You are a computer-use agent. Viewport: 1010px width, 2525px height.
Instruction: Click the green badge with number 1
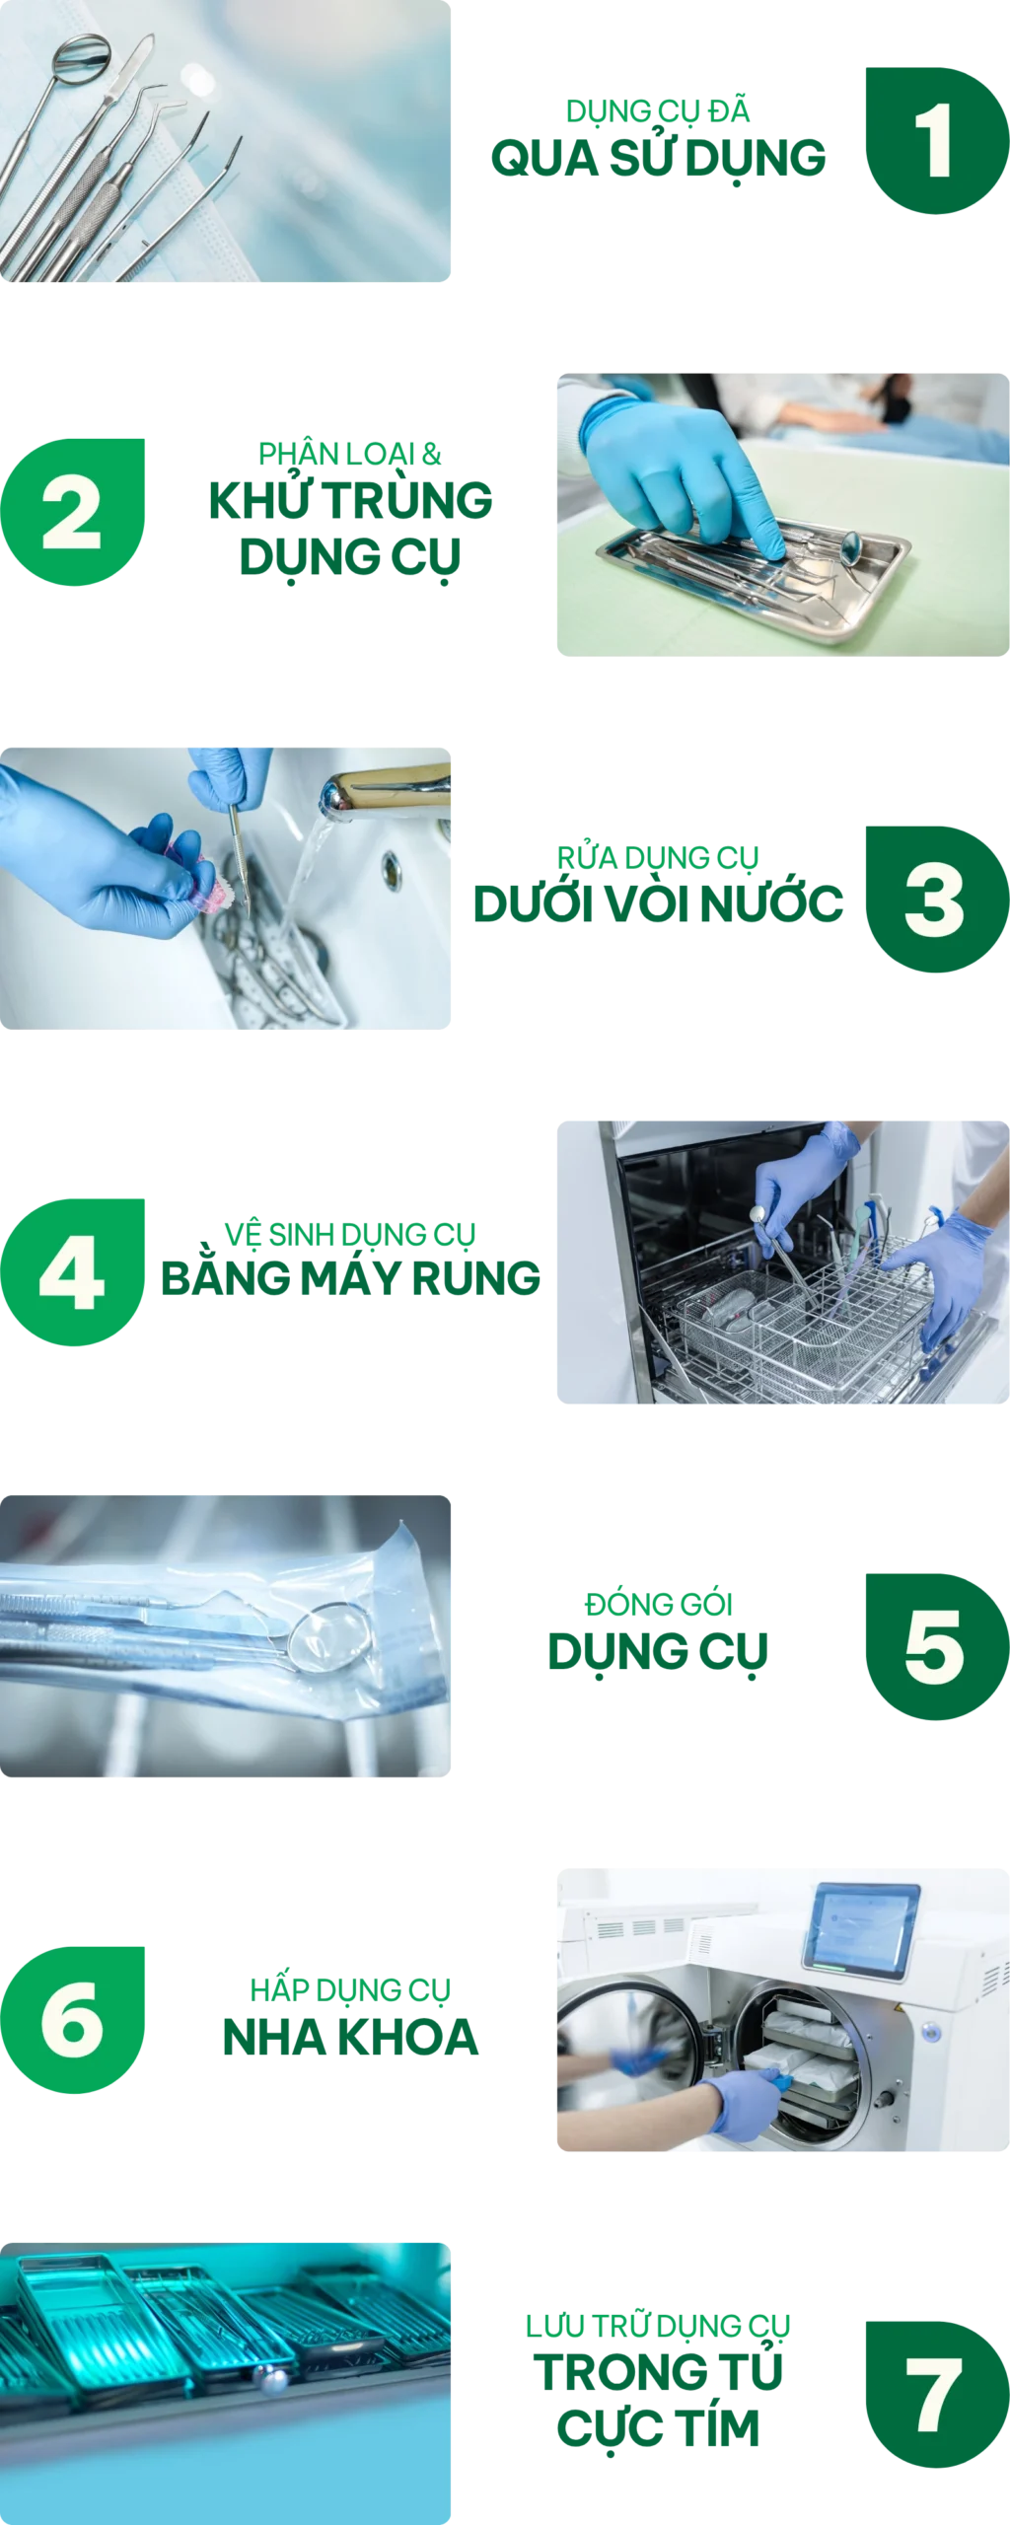(x=933, y=141)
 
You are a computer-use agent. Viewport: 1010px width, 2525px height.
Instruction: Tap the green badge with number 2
(x=74, y=512)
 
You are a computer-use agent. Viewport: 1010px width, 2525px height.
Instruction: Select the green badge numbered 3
(x=933, y=899)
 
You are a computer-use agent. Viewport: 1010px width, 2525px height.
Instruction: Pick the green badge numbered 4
(x=74, y=1271)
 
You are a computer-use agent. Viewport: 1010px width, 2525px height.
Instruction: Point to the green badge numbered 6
(x=74, y=2019)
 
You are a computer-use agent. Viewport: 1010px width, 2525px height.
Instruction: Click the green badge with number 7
(x=933, y=2394)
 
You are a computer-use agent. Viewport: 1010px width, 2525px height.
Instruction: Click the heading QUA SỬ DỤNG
(x=658, y=158)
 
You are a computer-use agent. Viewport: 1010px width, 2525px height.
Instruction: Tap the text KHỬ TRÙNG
(x=350, y=500)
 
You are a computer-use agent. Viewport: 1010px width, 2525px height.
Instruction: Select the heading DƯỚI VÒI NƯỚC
(x=658, y=902)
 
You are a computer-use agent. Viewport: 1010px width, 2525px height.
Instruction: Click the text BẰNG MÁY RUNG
(x=350, y=1277)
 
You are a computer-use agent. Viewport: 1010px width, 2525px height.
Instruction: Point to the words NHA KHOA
(x=350, y=2036)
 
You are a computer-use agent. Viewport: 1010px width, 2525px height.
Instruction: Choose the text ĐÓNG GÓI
(x=658, y=1603)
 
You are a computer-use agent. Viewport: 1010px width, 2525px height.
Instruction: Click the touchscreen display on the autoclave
(x=860, y=1927)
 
